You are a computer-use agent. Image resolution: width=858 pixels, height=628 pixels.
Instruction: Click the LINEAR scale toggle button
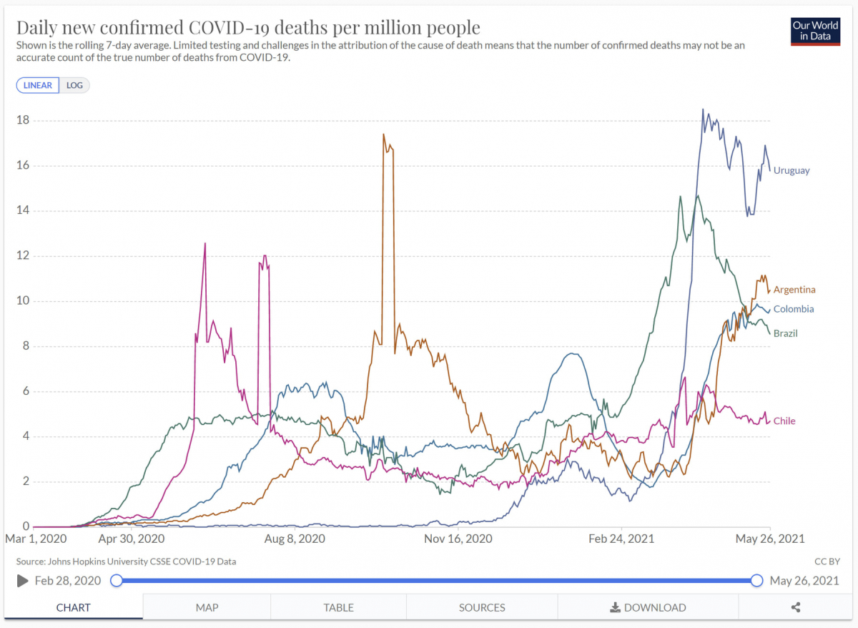(x=38, y=85)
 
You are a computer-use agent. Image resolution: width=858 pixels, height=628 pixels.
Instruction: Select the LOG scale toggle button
(x=74, y=85)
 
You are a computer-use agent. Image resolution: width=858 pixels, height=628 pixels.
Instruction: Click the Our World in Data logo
(x=814, y=31)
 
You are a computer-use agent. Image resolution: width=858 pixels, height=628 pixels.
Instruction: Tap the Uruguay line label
(x=792, y=170)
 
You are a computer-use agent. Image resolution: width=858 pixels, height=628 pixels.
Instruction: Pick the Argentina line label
(x=794, y=290)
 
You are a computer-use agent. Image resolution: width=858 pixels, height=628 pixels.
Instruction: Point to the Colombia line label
(x=794, y=309)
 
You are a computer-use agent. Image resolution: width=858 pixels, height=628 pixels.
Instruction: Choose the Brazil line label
(x=786, y=333)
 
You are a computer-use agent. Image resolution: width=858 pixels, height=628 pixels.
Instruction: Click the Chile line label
(x=784, y=421)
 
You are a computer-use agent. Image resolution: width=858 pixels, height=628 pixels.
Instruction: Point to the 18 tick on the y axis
(x=22, y=120)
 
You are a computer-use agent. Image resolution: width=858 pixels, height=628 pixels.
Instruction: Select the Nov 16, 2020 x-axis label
(x=459, y=539)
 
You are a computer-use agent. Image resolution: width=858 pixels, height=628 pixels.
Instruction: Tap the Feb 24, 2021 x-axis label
(x=621, y=539)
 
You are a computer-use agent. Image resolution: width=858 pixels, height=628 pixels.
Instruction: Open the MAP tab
(x=207, y=607)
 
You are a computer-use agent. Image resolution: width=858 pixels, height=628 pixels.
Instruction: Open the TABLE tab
(x=338, y=607)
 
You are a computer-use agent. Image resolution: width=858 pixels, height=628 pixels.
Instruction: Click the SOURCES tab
(x=482, y=607)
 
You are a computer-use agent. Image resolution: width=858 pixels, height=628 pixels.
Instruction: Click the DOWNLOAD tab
(x=648, y=607)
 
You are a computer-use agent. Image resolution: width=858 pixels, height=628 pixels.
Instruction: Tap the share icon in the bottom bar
(x=796, y=607)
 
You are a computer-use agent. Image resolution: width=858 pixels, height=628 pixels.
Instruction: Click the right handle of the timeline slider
(x=756, y=580)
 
